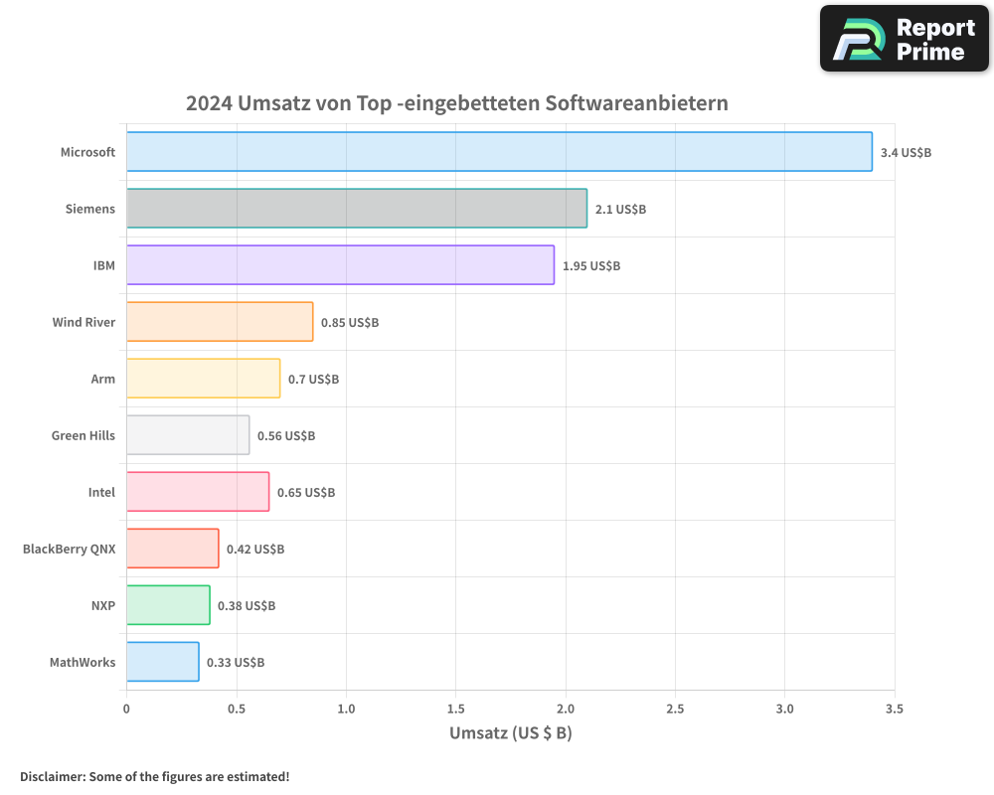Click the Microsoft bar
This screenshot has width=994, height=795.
[x=499, y=152]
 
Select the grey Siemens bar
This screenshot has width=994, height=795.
[x=356, y=209]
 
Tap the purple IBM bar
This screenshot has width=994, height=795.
[x=340, y=265]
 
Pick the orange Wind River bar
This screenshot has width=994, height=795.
[x=220, y=322]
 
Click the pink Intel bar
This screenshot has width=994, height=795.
[x=198, y=492]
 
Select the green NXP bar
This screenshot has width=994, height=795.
[x=168, y=605]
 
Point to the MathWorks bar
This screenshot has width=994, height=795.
[x=162, y=662]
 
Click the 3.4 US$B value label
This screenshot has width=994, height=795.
[x=906, y=152]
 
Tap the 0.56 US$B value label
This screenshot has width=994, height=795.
[x=286, y=435]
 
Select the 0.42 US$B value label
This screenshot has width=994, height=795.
[x=255, y=549]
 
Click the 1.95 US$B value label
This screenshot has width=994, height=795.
[x=591, y=265]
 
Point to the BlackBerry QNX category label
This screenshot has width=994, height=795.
[x=69, y=549]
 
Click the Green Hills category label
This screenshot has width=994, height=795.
[x=83, y=435]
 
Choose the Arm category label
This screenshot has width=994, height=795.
[x=102, y=379]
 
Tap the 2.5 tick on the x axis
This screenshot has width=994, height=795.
[x=675, y=709]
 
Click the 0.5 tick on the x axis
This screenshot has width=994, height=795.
[x=236, y=709]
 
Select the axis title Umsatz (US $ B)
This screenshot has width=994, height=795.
[x=510, y=733]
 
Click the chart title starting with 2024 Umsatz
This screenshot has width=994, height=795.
[x=457, y=103]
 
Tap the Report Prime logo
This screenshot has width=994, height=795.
[x=905, y=39]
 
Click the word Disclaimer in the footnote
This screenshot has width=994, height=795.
[x=51, y=776]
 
